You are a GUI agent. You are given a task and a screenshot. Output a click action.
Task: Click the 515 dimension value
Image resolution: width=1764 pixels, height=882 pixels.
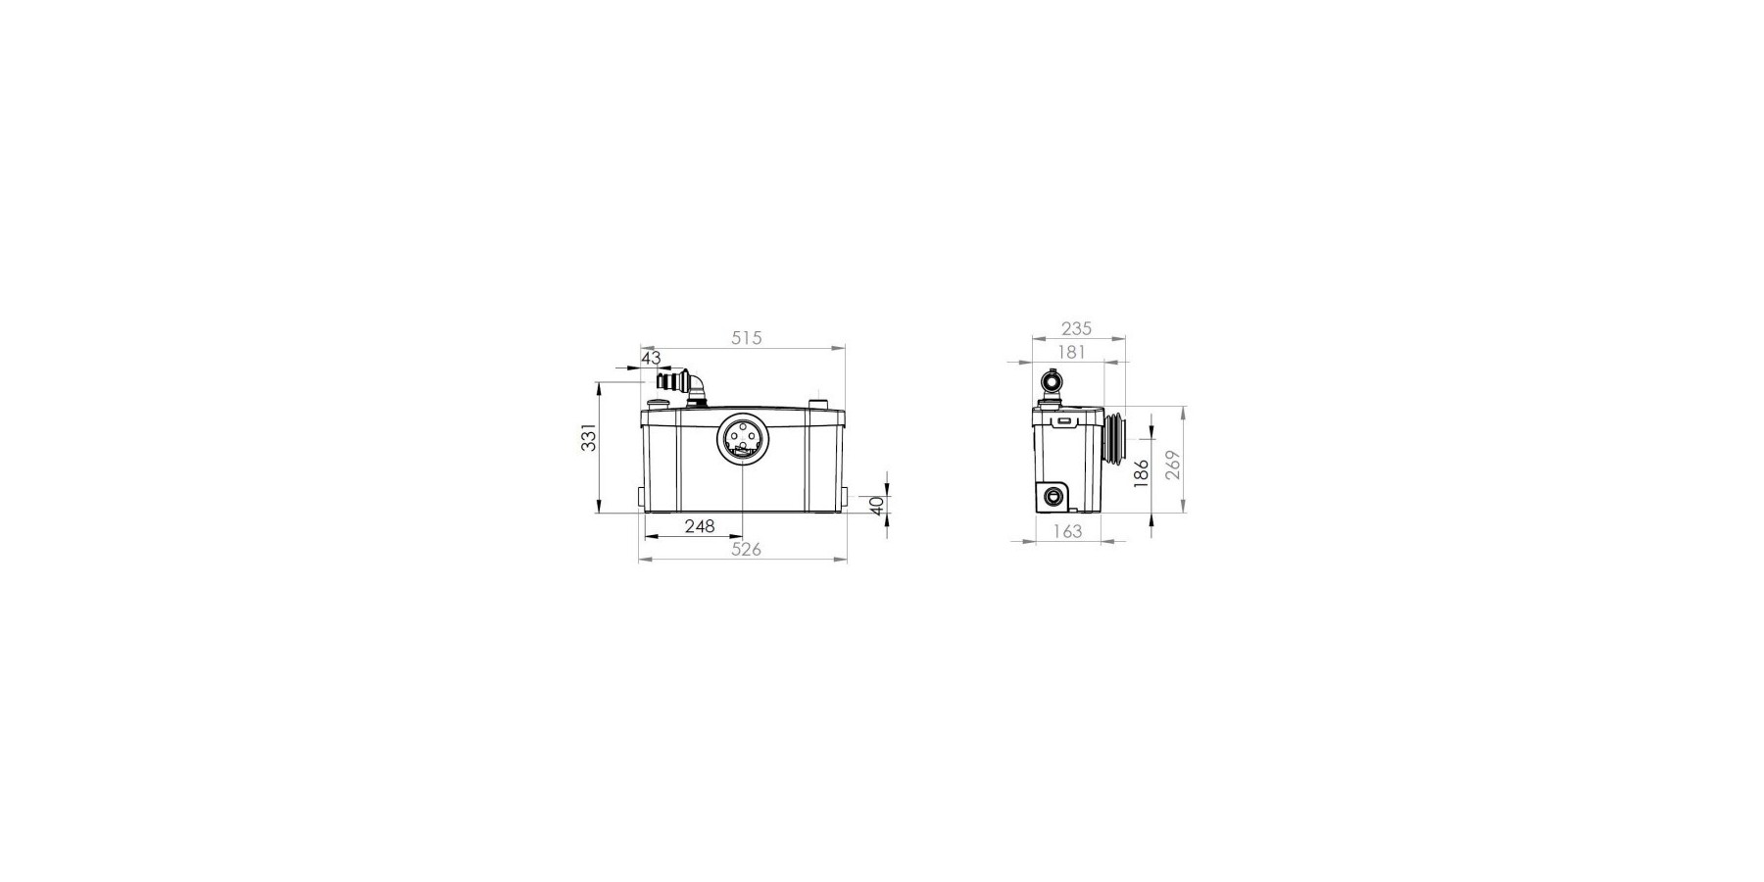747,338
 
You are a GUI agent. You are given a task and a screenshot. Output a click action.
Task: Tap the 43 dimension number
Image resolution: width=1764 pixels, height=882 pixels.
652,359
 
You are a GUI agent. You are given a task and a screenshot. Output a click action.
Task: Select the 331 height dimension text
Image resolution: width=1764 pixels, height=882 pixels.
588,438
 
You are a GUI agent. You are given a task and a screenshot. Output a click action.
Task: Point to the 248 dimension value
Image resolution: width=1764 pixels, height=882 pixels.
700,526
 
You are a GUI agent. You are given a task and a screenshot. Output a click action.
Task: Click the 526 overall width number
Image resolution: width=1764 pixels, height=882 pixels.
747,550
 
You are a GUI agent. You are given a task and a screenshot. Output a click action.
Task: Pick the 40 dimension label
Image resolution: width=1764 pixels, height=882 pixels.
877,506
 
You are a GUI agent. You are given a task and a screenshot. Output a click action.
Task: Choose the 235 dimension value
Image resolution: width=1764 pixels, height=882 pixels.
1076,329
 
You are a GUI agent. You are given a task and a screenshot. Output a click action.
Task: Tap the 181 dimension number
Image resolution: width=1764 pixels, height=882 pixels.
1071,351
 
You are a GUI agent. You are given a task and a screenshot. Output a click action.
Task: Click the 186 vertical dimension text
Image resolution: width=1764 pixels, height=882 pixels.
1141,473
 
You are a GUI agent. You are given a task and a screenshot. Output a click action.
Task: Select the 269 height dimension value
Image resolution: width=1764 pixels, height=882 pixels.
1173,464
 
